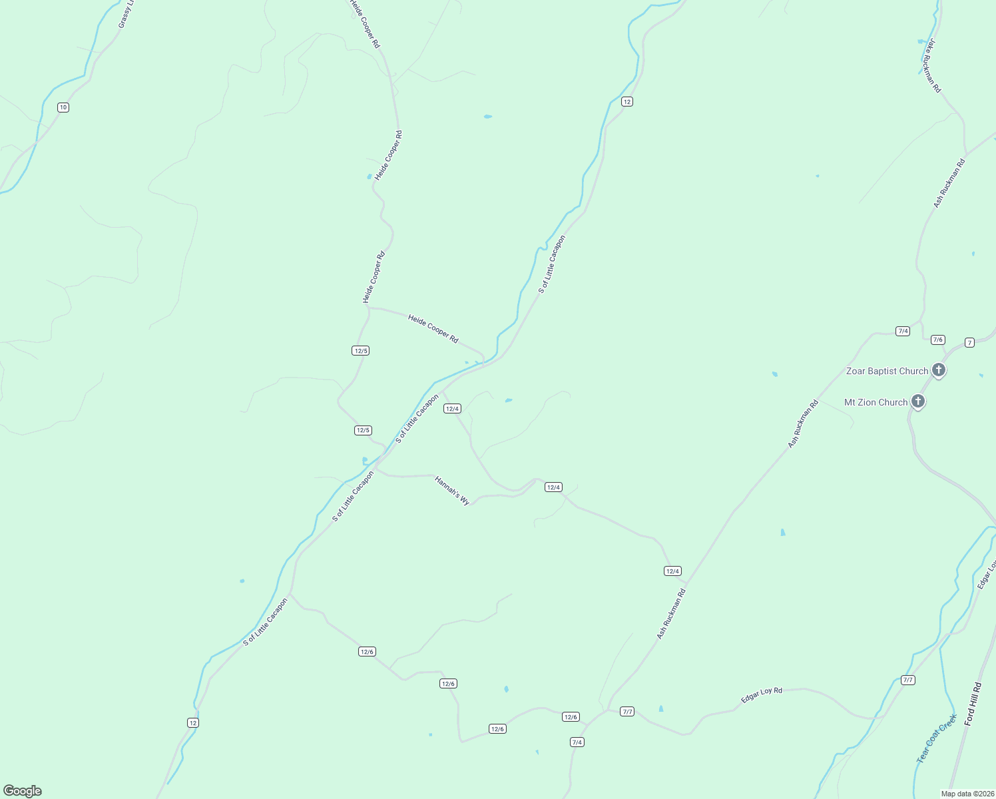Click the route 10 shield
(63, 107)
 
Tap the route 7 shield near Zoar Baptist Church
(969, 342)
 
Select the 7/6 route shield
(938, 340)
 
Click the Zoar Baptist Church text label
(887, 371)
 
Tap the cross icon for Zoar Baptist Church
(939, 370)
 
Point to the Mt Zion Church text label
(875, 402)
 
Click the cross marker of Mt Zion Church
(918, 401)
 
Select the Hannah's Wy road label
(452, 490)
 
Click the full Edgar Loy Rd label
(762, 695)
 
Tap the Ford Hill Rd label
(973, 704)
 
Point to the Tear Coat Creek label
(936, 738)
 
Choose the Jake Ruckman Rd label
(933, 66)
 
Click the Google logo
(23, 791)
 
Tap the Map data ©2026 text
(967, 794)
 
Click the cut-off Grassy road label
(126, 14)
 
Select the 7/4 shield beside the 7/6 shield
(903, 331)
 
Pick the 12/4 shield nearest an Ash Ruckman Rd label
(672, 571)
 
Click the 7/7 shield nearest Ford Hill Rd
(908, 680)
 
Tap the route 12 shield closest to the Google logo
(192, 722)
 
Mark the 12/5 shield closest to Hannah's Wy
(363, 430)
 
